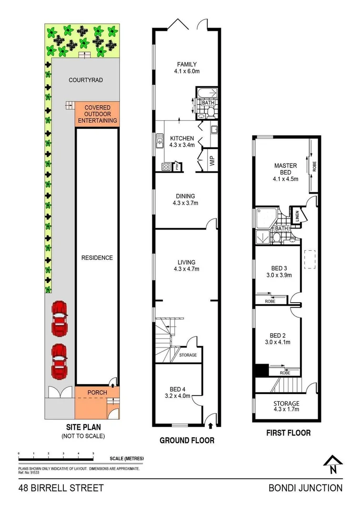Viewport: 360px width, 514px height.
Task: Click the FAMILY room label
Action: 187,64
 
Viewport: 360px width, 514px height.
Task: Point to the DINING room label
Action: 185,196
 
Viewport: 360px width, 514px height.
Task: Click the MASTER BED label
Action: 285,169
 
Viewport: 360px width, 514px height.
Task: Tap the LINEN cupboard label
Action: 296,216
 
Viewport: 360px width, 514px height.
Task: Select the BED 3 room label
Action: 279,267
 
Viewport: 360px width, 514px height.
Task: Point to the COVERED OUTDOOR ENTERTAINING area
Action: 97,114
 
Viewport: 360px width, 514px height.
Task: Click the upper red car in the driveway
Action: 59,318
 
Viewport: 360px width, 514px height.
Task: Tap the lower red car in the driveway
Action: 59,361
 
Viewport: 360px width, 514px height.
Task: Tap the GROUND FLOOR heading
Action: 186,440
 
